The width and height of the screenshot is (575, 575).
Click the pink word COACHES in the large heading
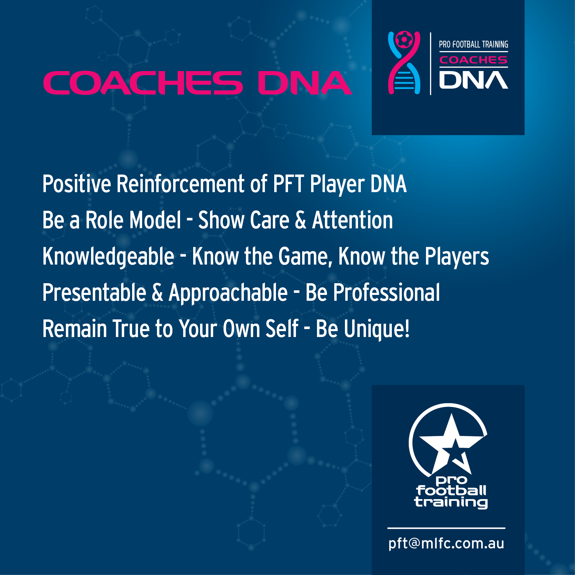tap(143, 83)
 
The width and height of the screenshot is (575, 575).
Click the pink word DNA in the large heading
tap(305, 83)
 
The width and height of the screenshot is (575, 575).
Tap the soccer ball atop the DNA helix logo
tap(404, 40)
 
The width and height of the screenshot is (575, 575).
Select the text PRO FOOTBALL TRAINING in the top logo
tap(474, 44)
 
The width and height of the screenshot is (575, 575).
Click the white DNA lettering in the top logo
tap(474, 80)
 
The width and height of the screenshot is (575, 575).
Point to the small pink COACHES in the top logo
tap(473, 60)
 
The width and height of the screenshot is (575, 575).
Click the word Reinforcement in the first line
tap(180, 184)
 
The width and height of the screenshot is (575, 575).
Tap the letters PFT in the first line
tap(289, 184)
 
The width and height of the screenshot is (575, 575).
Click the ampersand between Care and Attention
tap(300, 220)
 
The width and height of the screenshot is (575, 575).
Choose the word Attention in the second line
tap(353, 220)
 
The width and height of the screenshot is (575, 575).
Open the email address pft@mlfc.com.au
tap(446, 544)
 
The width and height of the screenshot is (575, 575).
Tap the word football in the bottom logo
tap(451, 490)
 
